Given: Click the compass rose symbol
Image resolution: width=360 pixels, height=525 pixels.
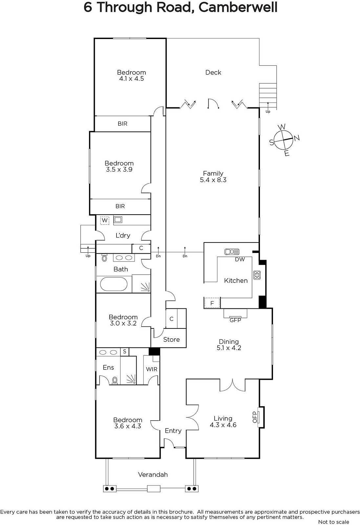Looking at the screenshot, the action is point(283,140).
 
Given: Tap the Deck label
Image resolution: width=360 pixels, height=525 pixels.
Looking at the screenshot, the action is point(213,73).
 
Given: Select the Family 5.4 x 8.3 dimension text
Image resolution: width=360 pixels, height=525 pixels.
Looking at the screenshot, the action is point(213,180).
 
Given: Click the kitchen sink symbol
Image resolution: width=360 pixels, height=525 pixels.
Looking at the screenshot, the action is point(232,252).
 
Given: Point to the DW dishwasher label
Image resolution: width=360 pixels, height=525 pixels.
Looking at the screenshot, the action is point(240,259).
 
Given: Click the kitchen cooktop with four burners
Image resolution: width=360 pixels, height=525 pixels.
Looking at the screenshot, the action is point(257,275).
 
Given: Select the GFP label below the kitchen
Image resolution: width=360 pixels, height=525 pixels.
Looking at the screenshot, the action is point(235,320).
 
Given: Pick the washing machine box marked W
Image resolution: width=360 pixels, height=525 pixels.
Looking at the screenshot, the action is point(105,220).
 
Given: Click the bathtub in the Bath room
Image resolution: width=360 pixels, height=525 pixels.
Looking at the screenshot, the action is point(114,284).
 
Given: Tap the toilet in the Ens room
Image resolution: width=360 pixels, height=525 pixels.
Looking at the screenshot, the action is point(115,380).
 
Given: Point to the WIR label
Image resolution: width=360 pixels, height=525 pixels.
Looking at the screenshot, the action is point(152,369).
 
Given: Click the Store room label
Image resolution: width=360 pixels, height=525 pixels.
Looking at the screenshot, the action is point(171,340).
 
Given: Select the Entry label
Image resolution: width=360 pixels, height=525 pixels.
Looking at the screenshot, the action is point(173,431).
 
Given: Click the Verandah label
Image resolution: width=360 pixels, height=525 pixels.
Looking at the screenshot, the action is point(153,475).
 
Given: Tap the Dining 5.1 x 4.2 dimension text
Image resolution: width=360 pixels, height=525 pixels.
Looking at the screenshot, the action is point(229,348).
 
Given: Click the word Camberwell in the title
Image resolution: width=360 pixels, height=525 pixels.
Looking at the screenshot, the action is point(238,7).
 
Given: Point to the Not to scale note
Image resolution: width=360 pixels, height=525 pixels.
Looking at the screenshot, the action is point(333,522).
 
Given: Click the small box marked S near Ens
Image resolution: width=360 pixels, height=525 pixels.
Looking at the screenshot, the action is point(124,351).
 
